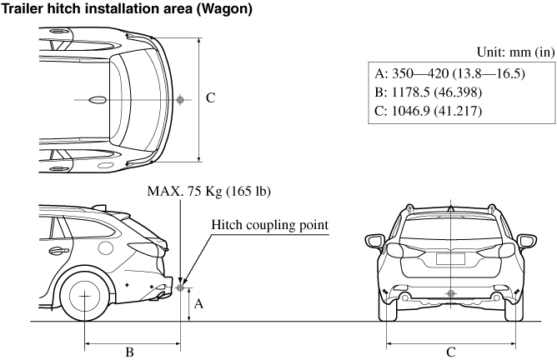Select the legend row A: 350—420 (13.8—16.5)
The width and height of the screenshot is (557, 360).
[x=450, y=73]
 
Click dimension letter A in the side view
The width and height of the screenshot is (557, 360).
[x=198, y=304]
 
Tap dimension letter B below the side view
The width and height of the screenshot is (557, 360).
[x=129, y=352]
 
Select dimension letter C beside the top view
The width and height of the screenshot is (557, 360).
[x=211, y=98]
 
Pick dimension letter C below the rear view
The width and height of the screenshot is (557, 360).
[x=451, y=352]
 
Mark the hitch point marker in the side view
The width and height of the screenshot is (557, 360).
[x=180, y=288]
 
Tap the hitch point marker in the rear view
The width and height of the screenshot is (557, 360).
[x=451, y=292]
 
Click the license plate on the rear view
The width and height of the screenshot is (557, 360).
[x=451, y=257]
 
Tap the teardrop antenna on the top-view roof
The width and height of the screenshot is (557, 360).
[x=98, y=99]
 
